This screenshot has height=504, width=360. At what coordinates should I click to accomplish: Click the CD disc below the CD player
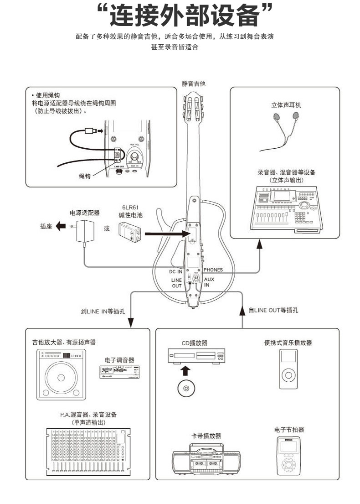pos(185,388)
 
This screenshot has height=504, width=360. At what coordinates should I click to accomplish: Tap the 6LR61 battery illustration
pos(131,234)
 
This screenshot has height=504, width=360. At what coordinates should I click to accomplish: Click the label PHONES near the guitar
pos(213,270)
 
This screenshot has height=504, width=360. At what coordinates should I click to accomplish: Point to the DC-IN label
pos(175,271)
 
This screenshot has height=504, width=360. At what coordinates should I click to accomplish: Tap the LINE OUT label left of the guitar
pos(176,283)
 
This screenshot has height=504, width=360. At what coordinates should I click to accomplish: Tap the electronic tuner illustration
pos(119,372)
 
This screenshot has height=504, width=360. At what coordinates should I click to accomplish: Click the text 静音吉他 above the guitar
pos(193,83)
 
